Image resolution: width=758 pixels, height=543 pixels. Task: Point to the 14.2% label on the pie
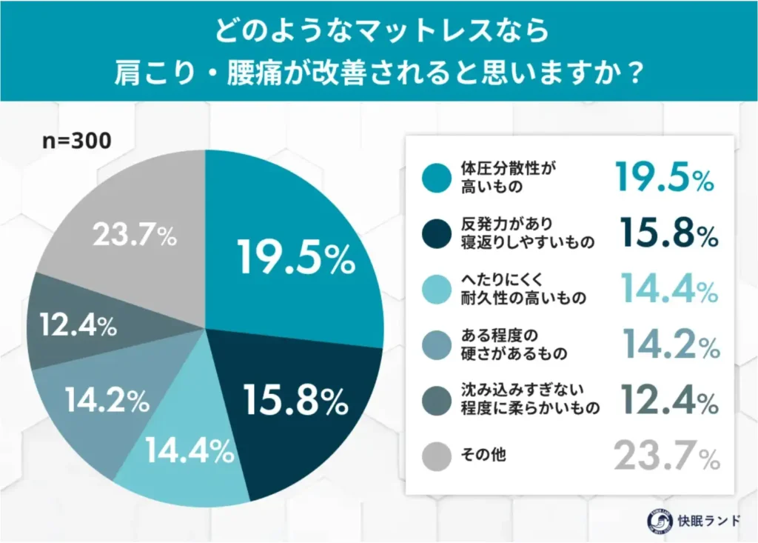(107, 401)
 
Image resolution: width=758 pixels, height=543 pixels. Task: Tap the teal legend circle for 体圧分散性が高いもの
(436, 179)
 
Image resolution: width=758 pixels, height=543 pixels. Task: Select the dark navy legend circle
(436, 235)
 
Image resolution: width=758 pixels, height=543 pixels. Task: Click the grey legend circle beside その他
(436, 457)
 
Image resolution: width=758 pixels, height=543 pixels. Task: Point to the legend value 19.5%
(664, 179)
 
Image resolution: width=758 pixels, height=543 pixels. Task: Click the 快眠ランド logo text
(709, 520)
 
